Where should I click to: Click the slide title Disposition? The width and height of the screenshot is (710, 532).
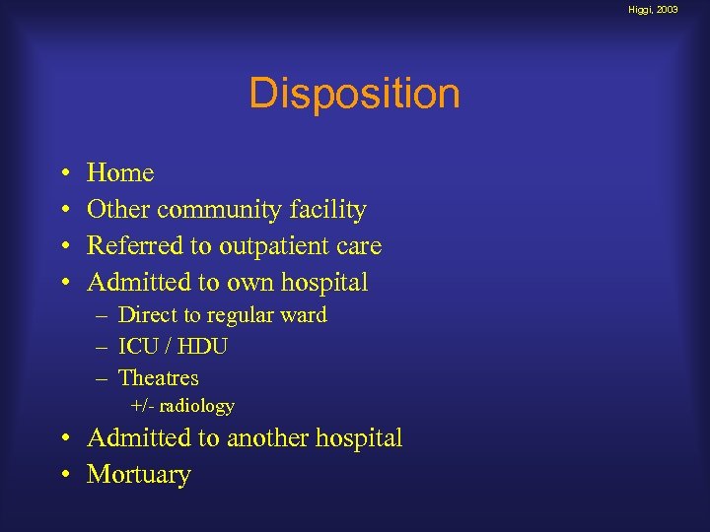[x=354, y=95]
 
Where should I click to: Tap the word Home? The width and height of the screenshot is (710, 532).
[x=120, y=173]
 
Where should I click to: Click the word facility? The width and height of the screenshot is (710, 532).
[x=330, y=210]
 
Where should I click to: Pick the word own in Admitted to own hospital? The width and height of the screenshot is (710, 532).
[x=249, y=283]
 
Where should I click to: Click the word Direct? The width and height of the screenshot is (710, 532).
[x=146, y=315]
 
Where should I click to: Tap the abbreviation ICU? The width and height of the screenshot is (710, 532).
[x=136, y=347]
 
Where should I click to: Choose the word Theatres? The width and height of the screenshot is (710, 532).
[x=158, y=378]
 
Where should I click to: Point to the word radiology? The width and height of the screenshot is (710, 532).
[x=197, y=406]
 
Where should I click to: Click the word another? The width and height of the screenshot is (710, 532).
[x=270, y=438]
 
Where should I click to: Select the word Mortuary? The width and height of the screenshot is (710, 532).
[x=139, y=475]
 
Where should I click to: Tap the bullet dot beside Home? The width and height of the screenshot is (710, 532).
[x=63, y=174]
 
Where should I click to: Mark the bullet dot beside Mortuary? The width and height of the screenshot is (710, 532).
[x=63, y=476]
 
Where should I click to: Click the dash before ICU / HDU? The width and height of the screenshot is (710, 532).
[x=103, y=348]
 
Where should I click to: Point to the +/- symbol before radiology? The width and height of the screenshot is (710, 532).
[x=144, y=406]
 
